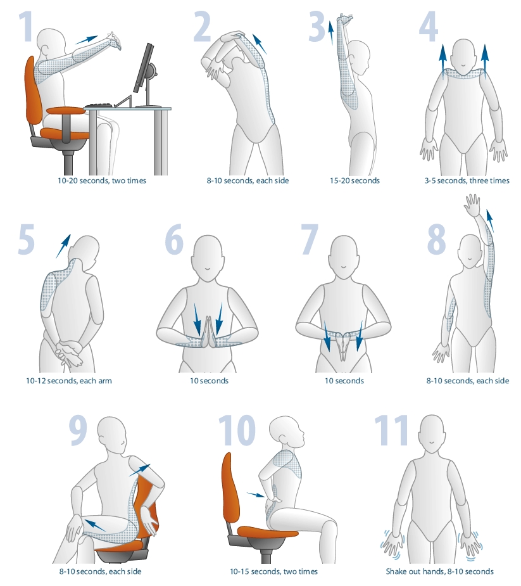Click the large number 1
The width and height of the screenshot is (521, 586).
pos(26,27)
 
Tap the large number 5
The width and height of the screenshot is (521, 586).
pos(27,239)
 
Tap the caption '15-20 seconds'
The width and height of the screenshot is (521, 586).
pos(355,181)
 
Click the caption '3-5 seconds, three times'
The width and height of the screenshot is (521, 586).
pos(467,181)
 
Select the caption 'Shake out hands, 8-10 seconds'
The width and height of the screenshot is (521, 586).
pos(439,571)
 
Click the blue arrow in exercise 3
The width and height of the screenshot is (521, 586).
pos(330,33)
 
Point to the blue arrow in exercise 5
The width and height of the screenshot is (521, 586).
pos(63,246)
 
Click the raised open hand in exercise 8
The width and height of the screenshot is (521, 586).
pos(472,205)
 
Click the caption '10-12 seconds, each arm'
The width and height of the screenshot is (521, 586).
pos(69,381)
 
